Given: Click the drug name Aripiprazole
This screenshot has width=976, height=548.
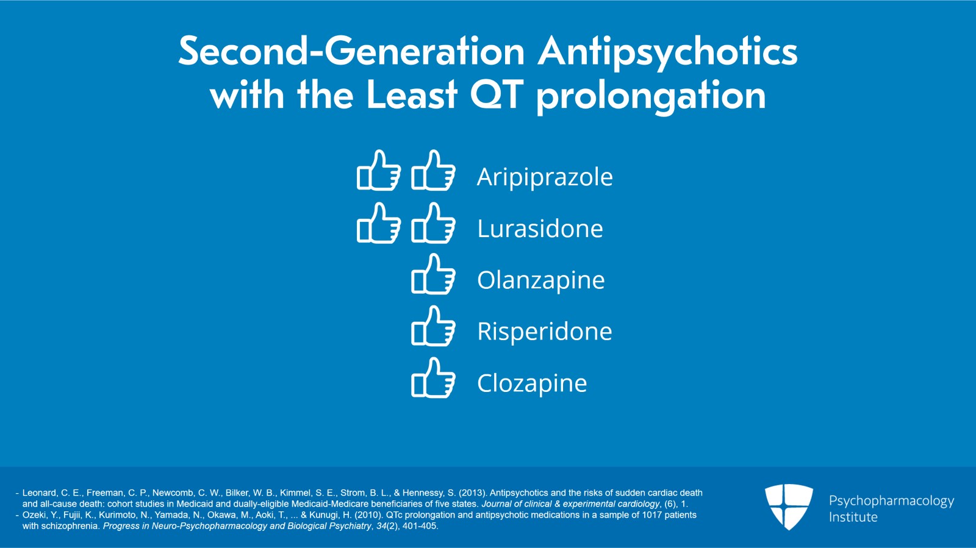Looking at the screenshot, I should [545, 177].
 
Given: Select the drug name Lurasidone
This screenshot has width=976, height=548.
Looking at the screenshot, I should [540, 229].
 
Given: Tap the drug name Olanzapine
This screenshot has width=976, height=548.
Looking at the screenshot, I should [540, 280].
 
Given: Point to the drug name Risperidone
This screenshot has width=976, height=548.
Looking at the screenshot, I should [544, 332].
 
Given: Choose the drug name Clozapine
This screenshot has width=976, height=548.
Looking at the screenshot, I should [532, 383].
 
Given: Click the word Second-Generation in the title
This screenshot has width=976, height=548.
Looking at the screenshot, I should [351, 51].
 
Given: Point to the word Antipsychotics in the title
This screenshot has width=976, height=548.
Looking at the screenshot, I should [667, 51].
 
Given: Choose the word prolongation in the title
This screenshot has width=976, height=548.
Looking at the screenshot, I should [651, 96].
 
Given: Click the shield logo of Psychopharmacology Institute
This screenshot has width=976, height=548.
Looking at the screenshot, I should [789, 506].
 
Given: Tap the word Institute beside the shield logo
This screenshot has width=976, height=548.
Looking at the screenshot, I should [853, 518].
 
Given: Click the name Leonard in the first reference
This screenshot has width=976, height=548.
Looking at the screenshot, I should [39, 493].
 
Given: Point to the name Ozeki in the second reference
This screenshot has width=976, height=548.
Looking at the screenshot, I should [34, 515].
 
